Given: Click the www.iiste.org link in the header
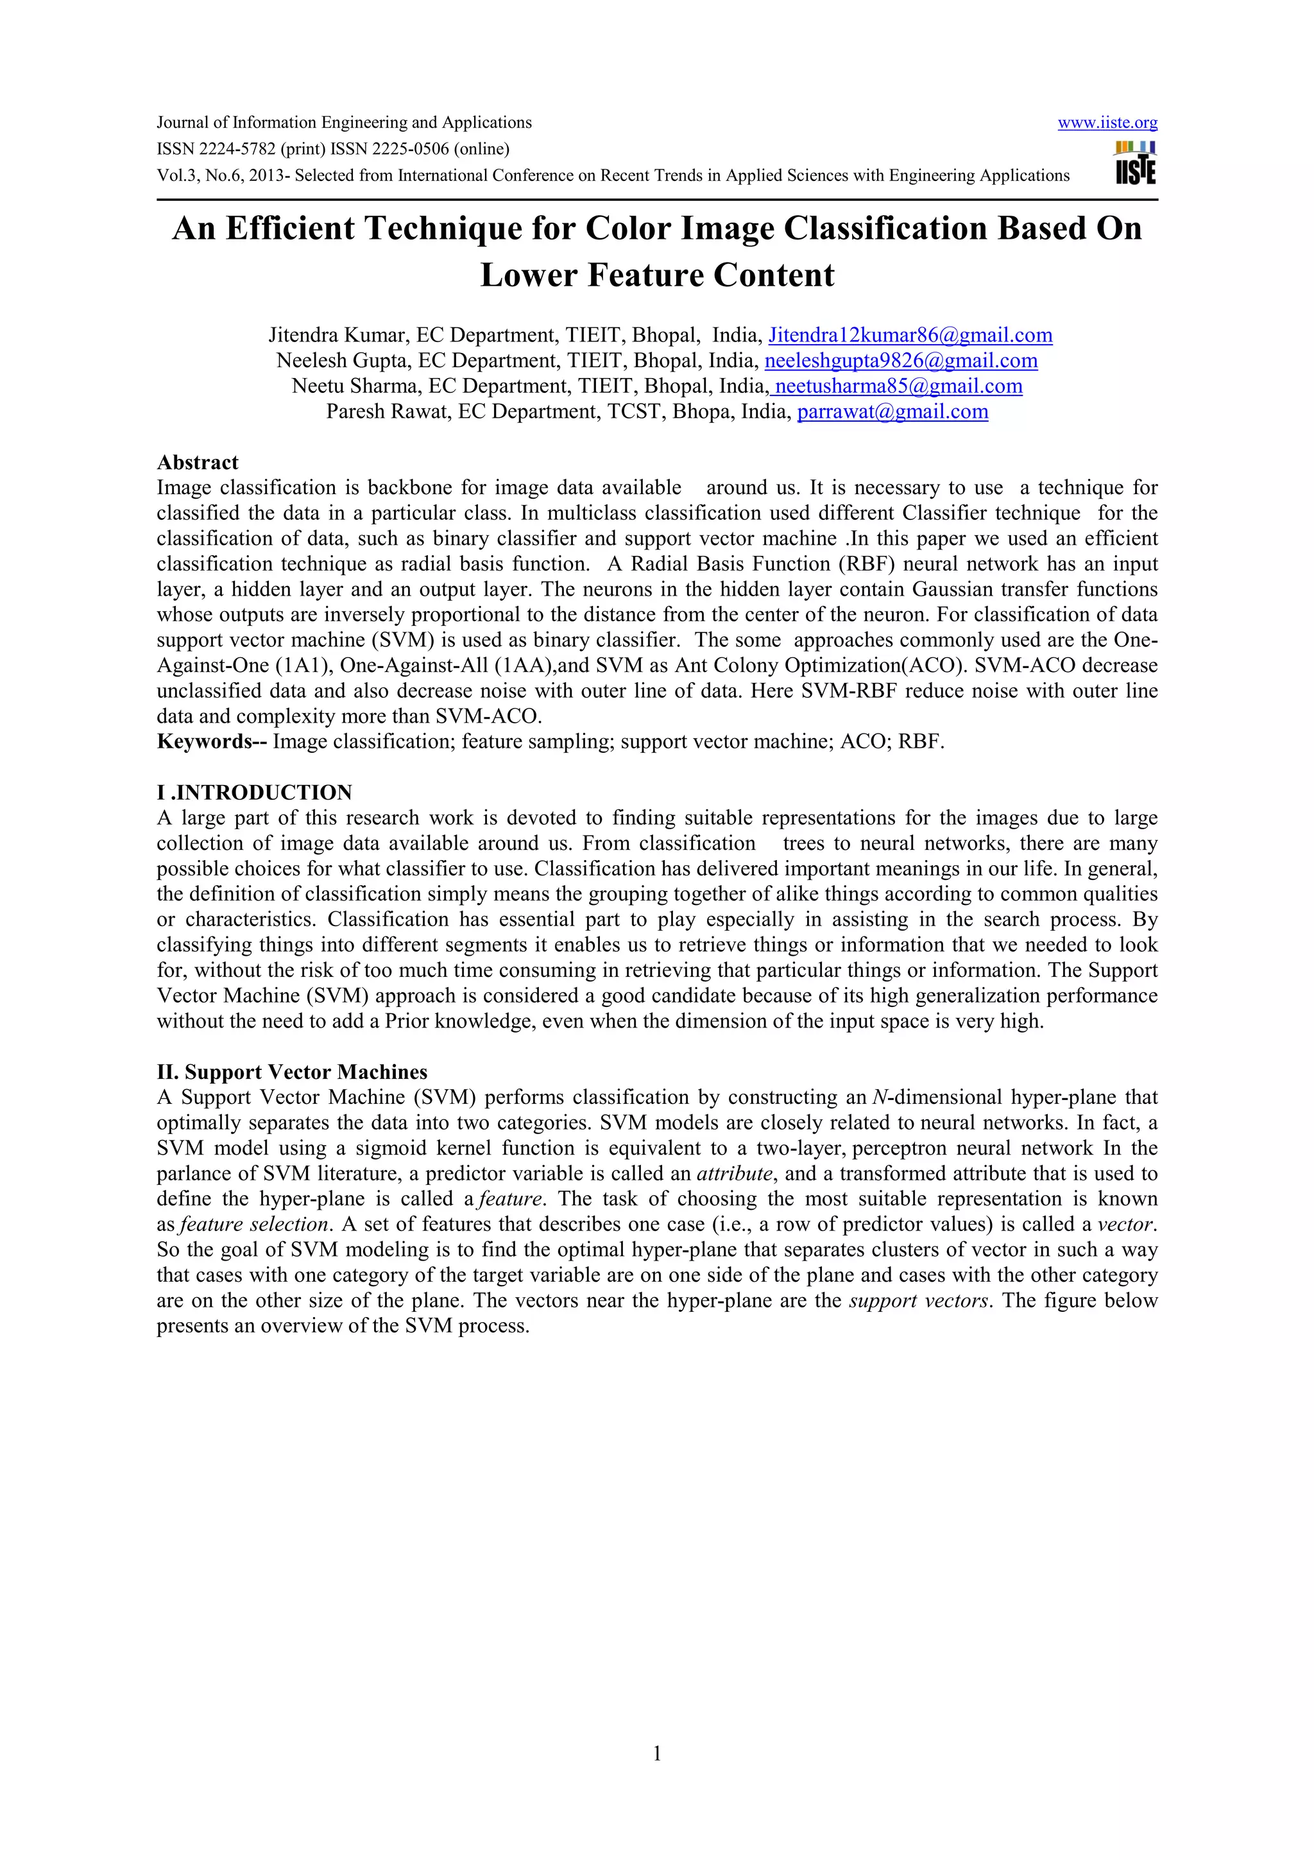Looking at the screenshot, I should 1107,123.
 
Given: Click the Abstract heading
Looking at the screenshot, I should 198,463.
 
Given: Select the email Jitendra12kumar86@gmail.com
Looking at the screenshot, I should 910,336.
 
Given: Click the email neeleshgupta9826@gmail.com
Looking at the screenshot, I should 900,361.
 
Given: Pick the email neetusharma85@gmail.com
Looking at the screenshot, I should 898,386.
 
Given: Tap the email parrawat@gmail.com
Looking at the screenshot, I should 892,411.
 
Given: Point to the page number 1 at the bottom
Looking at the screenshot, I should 656,1754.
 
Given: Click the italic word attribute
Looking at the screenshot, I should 735,1174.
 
